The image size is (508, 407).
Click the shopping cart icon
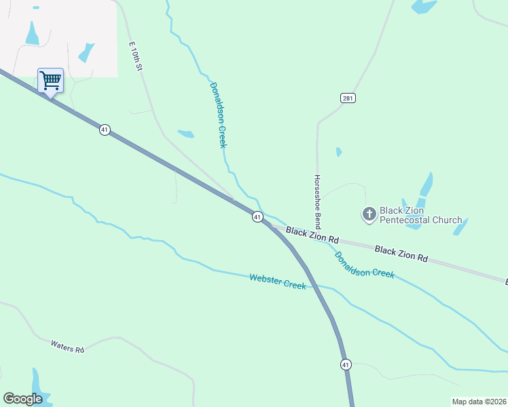pyautogui.click(x=50, y=81)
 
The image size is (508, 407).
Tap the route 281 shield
pyautogui.click(x=348, y=98)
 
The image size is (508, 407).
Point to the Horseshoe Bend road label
pyautogui.click(x=316, y=201)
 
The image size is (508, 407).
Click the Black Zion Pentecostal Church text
pyautogui.click(x=420, y=215)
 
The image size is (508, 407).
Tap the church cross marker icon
pyautogui.click(x=369, y=215)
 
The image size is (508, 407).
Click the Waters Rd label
pyautogui.click(x=67, y=345)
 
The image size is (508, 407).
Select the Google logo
pyautogui.click(x=23, y=399)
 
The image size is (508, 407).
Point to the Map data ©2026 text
pyautogui.click(x=479, y=402)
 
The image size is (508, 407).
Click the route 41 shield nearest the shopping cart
pyautogui.click(x=104, y=130)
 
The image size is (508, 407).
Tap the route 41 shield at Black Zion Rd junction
pyautogui.click(x=257, y=216)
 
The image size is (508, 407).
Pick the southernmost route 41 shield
pyautogui.click(x=346, y=364)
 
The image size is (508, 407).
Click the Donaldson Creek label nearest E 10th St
pyautogui.click(x=217, y=115)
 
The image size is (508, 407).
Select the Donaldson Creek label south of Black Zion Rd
pyautogui.click(x=364, y=264)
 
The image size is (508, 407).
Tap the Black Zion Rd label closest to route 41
pyautogui.click(x=312, y=235)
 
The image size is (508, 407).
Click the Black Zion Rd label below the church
pyautogui.click(x=401, y=254)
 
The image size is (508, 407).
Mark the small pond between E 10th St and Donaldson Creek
pyautogui.click(x=185, y=134)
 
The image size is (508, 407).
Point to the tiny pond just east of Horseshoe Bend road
pyautogui.click(x=338, y=152)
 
